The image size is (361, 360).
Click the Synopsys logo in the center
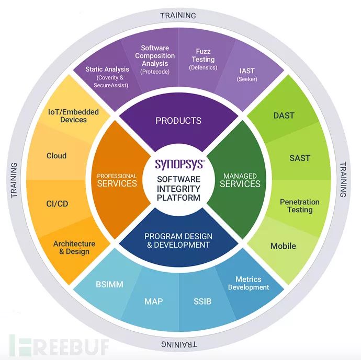[179, 164]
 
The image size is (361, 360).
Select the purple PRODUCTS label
[178, 121]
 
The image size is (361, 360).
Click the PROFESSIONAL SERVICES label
[117, 180]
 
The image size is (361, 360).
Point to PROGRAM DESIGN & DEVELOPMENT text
[177, 240]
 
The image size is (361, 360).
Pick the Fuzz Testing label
[203, 60]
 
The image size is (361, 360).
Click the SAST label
[300, 157]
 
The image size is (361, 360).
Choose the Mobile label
[283, 246]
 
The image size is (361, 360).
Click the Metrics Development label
[249, 283]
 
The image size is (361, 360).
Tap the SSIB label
[201, 301]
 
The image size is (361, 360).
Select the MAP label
[153, 301]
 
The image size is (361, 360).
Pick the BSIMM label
[109, 285]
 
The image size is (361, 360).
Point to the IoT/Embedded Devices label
[74, 115]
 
